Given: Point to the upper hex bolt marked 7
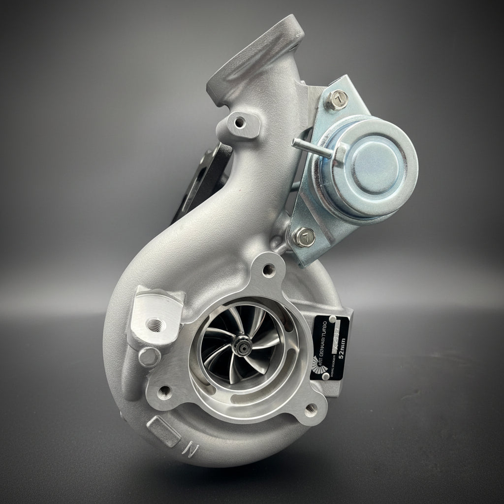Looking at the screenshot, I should click(338, 100).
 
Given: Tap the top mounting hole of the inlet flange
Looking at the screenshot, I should click(268, 269).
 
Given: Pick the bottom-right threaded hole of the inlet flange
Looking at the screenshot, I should click(311, 408).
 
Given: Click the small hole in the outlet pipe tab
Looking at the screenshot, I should click(240, 121).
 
